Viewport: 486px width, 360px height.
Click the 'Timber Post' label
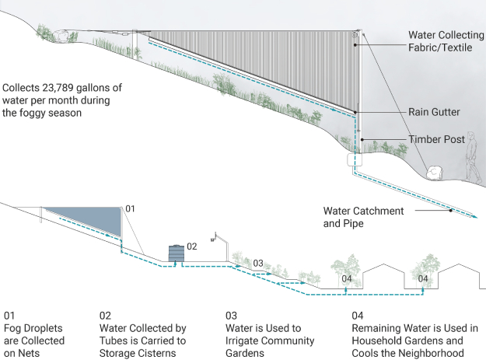437,140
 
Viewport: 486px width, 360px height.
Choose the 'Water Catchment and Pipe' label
364,218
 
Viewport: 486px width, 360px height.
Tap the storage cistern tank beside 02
178,253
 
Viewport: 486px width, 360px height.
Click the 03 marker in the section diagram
257,263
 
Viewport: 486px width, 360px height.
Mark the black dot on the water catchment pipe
450,210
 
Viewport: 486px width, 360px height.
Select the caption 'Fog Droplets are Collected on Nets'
27,335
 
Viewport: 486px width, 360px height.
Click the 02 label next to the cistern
192,246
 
